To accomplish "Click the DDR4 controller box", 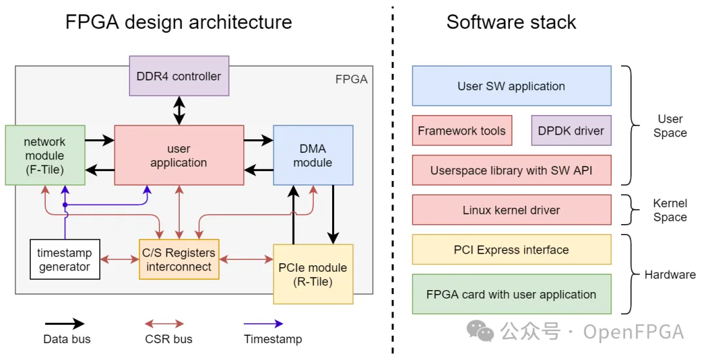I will (x=178, y=76).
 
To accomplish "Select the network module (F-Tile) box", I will (x=44, y=155).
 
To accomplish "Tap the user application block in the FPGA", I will (x=178, y=155).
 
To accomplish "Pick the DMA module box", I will (x=312, y=155).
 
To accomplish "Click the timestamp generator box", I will (x=65, y=259).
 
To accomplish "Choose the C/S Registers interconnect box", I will (x=178, y=259).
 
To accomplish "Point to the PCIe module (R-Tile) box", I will (x=312, y=274).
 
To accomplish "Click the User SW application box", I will (x=511, y=86).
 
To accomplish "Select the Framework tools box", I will (x=462, y=131).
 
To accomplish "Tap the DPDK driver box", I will (x=571, y=131).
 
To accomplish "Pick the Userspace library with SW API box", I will (x=511, y=171).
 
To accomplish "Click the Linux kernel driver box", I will (x=511, y=210).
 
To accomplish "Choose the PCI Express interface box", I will (x=511, y=250).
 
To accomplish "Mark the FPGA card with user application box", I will (x=511, y=294).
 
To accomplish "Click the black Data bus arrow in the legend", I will (x=65, y=323).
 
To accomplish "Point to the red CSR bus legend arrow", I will (x=164, y=323).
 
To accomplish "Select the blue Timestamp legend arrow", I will (x=263, y=323).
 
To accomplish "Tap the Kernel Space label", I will (x=669, y=210).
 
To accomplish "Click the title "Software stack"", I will (x=511, y=22).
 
